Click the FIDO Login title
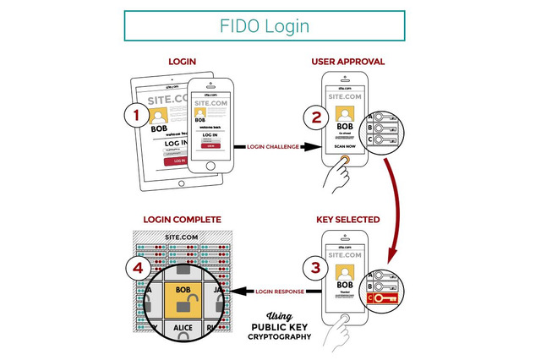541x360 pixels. pos(270,25)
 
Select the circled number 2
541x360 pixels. pos(316,117)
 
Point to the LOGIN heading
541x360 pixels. pos(183,63)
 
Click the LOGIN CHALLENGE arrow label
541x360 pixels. pos(273,146)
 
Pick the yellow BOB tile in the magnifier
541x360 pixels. pos(183,292)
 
